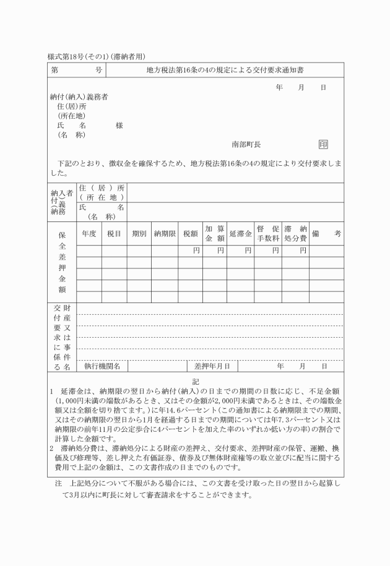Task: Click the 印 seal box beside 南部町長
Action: [x=323, y=144]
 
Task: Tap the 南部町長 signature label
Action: [x=246, y=144]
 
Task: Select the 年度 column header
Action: [x=89, y=233]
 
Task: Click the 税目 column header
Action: [x=114, y=233]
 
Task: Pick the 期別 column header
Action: [x=139, y=233]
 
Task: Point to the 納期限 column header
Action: [x=165, y=233]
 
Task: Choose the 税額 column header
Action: [x=190, y=233]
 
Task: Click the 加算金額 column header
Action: [x=215, y=233]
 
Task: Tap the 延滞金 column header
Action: [x=240, y=233]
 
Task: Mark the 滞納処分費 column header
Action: [x=295, y=233]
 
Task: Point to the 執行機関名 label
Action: [x=102, y=366]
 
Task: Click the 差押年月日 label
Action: [x=212, y=366]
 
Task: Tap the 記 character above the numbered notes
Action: [x=196, y=382]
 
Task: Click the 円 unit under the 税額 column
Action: [x=196, y=251]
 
